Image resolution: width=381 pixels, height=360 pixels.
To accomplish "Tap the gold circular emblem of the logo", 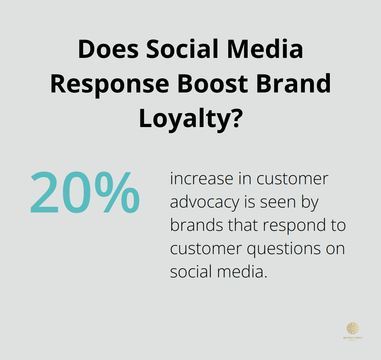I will [x=352, y=328].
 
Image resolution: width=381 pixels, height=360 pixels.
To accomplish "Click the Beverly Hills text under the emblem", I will [x=352, y=338].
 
